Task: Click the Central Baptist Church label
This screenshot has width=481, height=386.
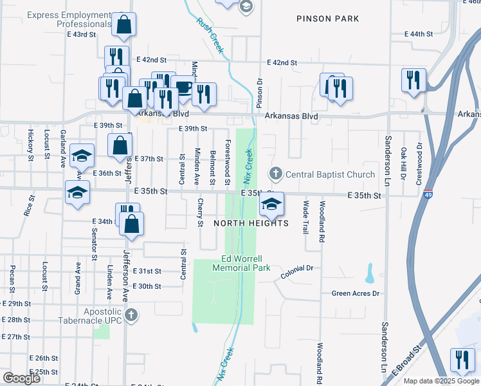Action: (330, 174)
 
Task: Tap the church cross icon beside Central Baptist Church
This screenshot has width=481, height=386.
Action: (276, 173)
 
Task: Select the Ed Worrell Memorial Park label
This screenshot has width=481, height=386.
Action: (246, 263)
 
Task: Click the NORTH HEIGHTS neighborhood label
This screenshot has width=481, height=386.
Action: (251, 223)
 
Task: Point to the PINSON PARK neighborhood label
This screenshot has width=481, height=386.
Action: (328, 19)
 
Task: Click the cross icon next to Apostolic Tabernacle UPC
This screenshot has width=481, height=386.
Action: (131, 315)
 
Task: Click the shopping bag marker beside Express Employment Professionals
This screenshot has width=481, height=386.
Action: (124, 24)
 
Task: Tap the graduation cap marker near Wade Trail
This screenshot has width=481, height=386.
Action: (271, 205)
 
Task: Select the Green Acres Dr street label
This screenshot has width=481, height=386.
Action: (356, 293)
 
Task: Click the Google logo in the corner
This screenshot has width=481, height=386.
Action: (21, 378)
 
